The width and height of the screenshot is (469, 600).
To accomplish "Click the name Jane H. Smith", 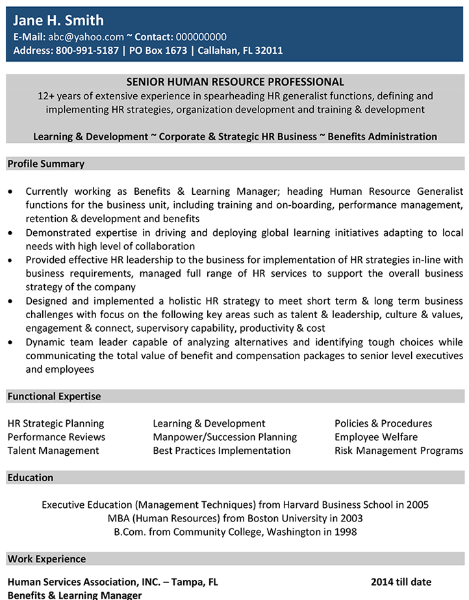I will pos(58,20).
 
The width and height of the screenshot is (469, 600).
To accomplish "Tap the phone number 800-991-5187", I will pos(88,51).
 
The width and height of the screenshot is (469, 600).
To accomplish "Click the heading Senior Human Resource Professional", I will pos(234,82).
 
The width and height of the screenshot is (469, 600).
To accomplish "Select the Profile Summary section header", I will pos(45,164).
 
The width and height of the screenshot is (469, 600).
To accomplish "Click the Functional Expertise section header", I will pos(54,396).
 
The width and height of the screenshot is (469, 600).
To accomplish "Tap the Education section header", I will pos(31,477).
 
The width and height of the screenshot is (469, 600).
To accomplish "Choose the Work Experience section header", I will pos(46,558).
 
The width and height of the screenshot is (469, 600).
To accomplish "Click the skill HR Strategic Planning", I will pos(56,423).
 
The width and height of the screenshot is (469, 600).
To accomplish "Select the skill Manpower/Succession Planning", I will pos(225,437).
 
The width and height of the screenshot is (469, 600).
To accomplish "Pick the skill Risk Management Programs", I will pos(398,451).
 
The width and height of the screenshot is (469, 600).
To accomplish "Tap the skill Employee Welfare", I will pos(376,437).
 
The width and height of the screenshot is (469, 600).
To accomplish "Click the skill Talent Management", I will pos(53,451).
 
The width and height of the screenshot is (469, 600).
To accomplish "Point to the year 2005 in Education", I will pos(416,505).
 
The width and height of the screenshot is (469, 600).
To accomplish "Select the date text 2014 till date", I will pos(401,582).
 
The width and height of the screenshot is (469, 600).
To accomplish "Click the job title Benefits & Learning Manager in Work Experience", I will pos(75,595).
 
